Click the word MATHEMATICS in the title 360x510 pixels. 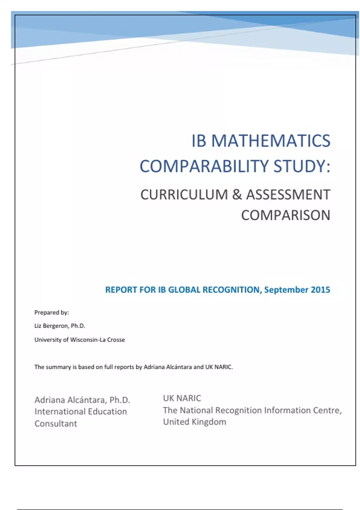coord(271,141)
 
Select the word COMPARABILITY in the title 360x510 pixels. coord(204,166)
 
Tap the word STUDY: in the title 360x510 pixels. coord(301,166)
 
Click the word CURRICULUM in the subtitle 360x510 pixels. coord(184,195)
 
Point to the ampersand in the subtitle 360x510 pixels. coord(237,195)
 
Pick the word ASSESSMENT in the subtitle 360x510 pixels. coord(288,195)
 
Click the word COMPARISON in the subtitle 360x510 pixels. coord(285,215)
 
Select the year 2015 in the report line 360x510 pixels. coord(320,290)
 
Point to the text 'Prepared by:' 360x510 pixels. coord(52,313)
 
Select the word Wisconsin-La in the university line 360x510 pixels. coord(88,340)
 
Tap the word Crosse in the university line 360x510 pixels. coord(116,340)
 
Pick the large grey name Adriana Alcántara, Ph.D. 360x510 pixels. coord(82,400)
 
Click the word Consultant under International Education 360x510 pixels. coord(56,424)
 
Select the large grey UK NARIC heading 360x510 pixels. coord(182,398)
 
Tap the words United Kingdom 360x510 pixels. coord(194,422)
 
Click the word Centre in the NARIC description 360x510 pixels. coord(327,410)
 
